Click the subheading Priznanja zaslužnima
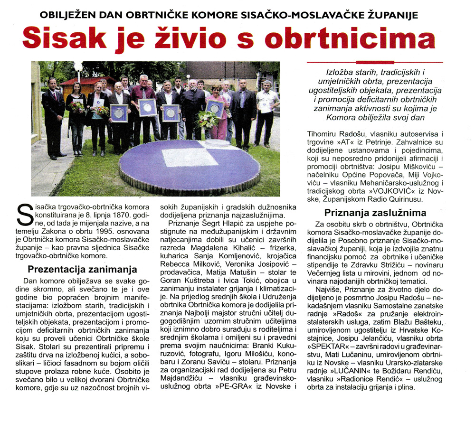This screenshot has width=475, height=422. tap(375, 213)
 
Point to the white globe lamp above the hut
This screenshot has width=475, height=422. tap(78, 66)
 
